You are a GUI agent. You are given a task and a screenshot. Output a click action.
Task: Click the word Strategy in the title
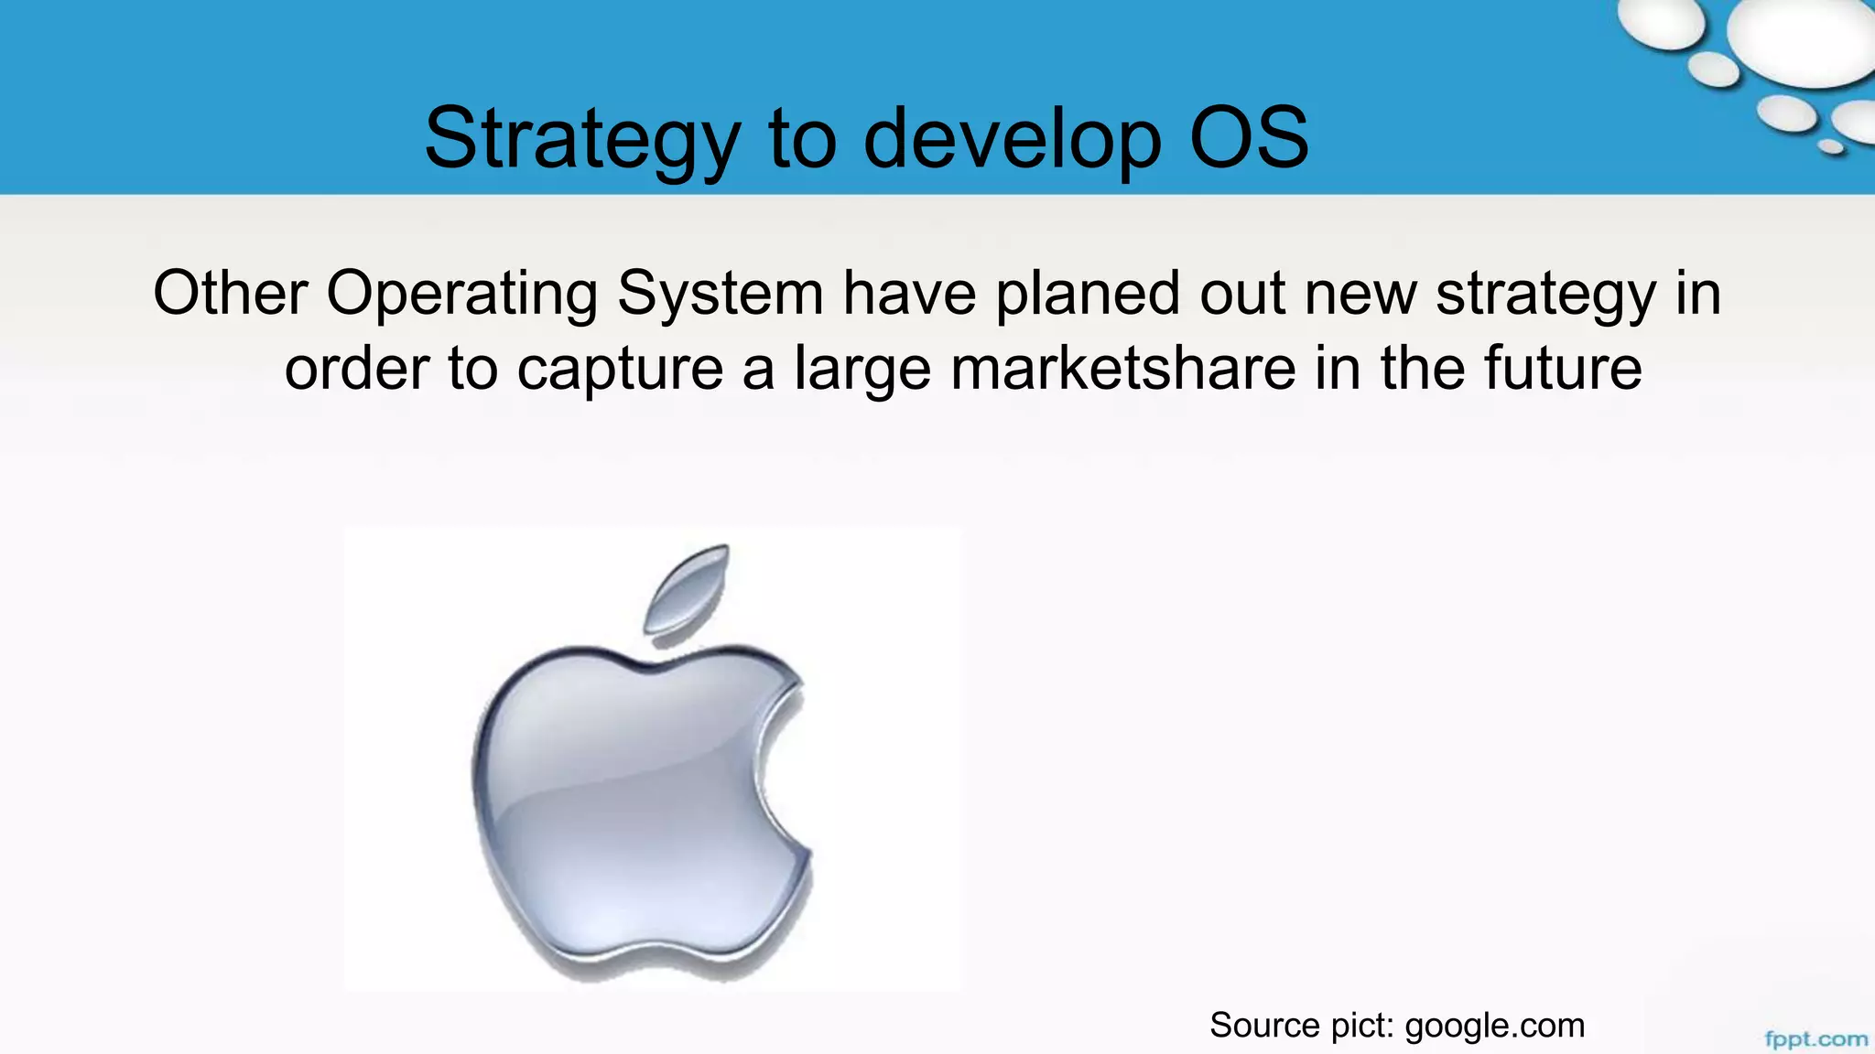581,139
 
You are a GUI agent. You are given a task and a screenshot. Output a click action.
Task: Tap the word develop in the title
1012,139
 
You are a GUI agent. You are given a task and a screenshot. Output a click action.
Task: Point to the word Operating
461,295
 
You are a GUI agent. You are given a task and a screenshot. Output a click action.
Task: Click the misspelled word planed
1088,295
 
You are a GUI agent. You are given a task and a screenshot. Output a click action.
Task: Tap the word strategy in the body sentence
1545,295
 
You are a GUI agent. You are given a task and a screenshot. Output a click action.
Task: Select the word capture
620,370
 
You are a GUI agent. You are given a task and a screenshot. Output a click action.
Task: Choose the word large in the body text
862,370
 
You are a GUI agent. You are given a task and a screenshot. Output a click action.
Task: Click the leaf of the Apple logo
688,588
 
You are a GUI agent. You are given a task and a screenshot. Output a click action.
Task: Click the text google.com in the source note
1494,1026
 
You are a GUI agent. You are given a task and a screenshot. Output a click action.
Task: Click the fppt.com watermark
1815,1039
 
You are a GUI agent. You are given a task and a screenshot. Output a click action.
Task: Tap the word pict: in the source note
1359,1026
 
